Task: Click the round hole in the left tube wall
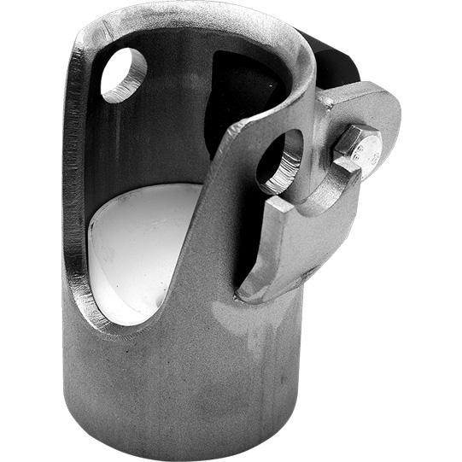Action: [124, 73]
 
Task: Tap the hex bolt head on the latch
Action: [357, 149]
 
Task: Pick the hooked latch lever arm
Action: [295, 239]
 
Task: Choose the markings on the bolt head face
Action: [364, 154]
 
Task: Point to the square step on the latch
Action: [282, 205]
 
